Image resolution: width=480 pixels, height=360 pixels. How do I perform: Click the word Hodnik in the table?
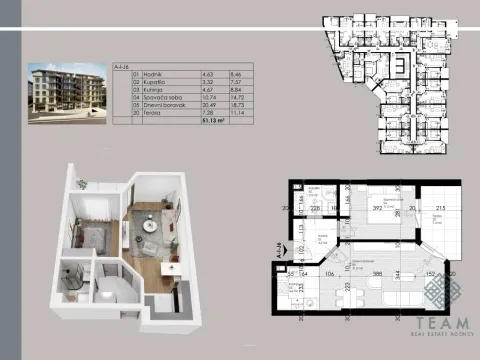click(143, 73)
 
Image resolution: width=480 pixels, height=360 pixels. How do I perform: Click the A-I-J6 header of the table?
click(121, 65)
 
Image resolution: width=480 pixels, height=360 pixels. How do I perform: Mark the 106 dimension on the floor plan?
click(328, 271)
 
